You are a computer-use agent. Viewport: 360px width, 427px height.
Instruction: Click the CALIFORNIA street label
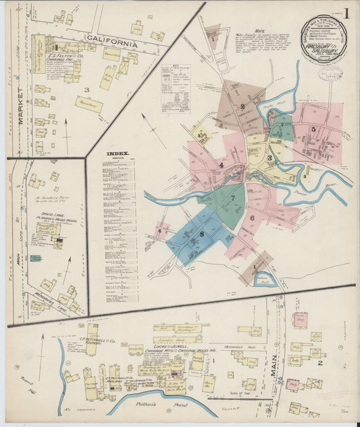coord(111,41)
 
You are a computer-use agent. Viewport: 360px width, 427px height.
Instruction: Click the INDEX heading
coord(118,153)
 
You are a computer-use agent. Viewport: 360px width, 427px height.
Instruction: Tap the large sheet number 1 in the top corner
coord(346,13)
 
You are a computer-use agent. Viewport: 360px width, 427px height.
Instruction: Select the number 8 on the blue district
coord(201,234)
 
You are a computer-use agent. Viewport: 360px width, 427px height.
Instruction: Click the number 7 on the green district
coord(232,198)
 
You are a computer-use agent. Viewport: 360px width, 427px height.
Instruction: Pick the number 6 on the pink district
coord(251,218)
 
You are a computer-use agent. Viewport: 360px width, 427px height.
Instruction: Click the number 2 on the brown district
coord(242,106)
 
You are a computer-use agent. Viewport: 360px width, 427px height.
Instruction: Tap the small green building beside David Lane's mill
coord(35,258)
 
